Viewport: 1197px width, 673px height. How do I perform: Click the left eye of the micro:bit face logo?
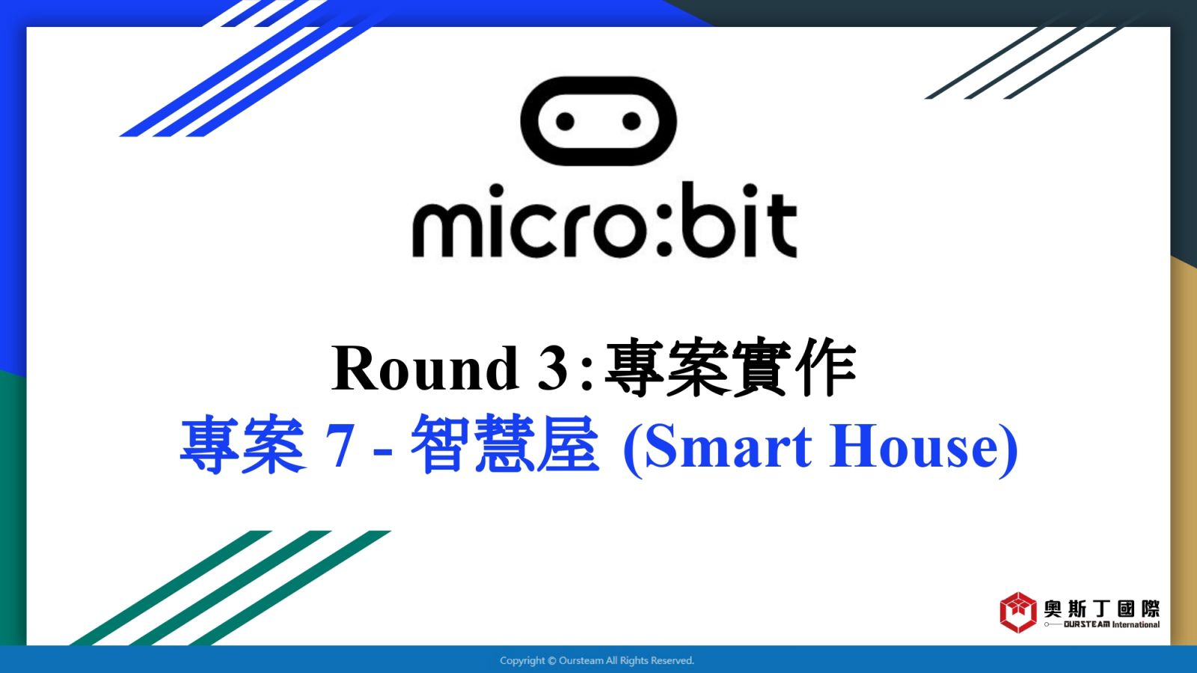[x=566, y=121]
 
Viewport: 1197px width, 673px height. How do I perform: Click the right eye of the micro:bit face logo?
[x=631, y=121]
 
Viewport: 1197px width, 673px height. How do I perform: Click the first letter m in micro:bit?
[x=447, y=229]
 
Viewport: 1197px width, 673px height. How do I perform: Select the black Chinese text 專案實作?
[x=730, y=367]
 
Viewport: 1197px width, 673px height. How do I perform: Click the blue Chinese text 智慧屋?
[x=505, y=444]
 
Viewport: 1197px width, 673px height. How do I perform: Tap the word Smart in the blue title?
[x=729, y=446]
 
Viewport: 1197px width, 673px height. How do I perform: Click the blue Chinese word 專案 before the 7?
[x=242, y=444]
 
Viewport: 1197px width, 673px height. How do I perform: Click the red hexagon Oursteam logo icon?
[x=1018, y=612]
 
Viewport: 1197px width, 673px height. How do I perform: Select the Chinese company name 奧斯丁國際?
[x=1102, y=609]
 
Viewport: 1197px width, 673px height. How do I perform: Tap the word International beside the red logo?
[x=1136, y=624]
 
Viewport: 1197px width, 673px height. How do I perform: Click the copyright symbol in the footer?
[x=552, y=661]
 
